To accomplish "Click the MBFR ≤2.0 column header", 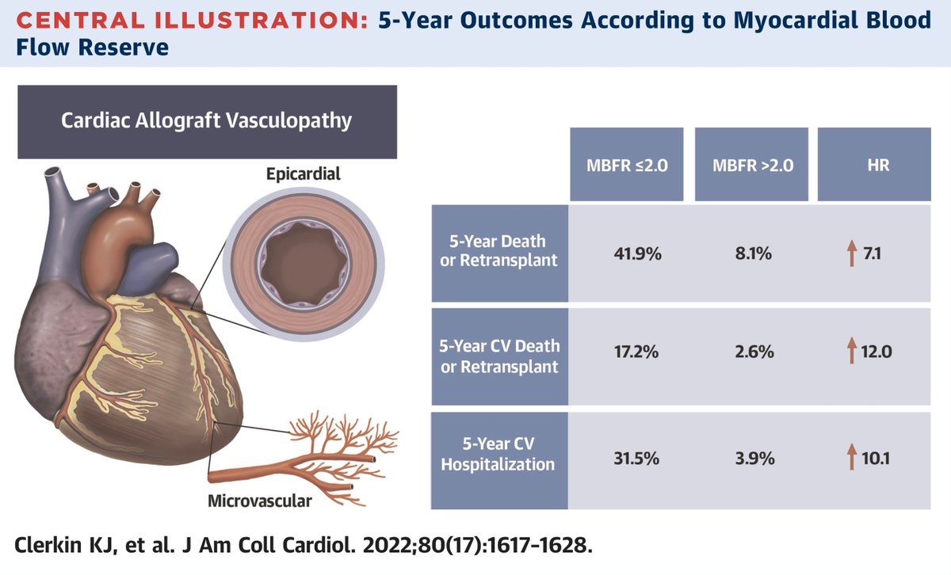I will [x=625, y=166].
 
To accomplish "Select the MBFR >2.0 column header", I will [x=751, y=166].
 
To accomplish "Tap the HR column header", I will [x=874, y=166].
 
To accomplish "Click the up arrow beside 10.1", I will [x=852, y=455].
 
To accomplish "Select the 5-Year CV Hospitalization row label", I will [x=498, y=455].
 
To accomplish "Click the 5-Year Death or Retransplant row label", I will [x=498, y=251].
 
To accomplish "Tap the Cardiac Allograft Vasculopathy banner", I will [x=208, y=121].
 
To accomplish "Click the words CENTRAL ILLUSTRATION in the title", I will [x=186, y=20].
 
